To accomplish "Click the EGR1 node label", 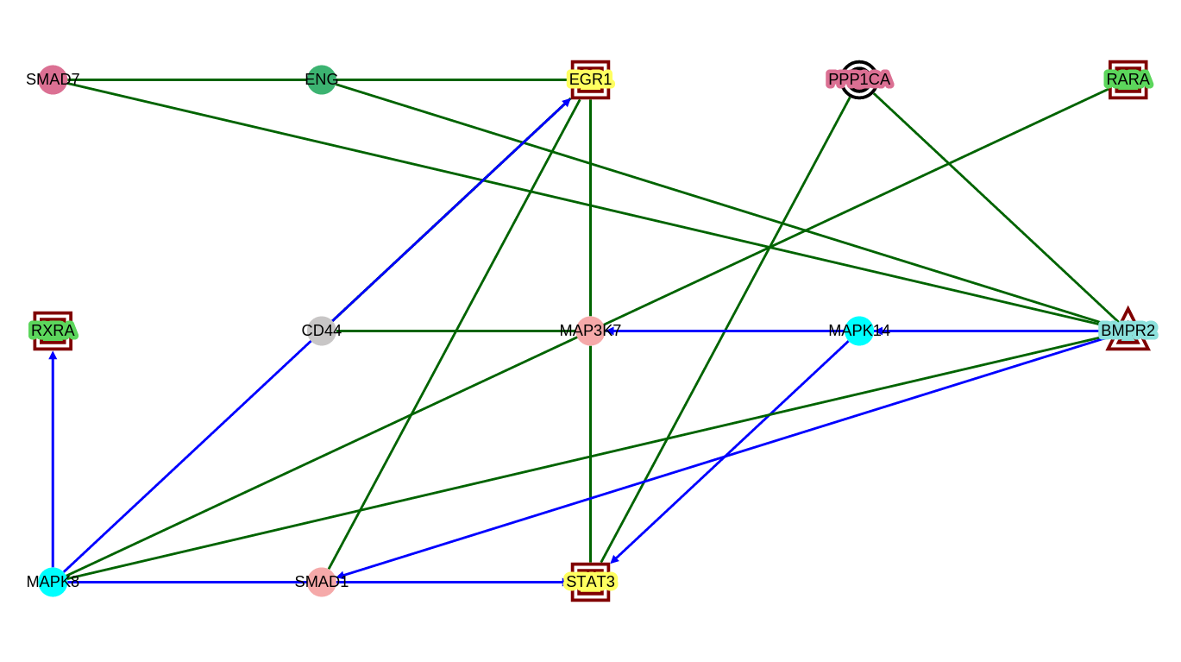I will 590,80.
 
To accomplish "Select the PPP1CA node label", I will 859,80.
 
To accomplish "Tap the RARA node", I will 1128,80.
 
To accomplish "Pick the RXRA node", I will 53,331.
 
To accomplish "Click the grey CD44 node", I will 321,331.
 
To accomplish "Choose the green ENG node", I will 321,80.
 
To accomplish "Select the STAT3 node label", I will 590,582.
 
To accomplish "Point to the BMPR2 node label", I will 1128,331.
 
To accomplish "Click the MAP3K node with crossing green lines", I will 590,331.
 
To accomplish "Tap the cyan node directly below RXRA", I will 53,582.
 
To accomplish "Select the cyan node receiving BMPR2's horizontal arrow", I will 859,331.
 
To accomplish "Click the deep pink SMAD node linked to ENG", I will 53,80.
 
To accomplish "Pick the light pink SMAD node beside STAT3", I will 321,582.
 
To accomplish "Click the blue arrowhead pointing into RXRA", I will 53,355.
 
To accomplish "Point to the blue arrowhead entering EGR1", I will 566,102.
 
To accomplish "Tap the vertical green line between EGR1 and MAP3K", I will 590,207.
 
